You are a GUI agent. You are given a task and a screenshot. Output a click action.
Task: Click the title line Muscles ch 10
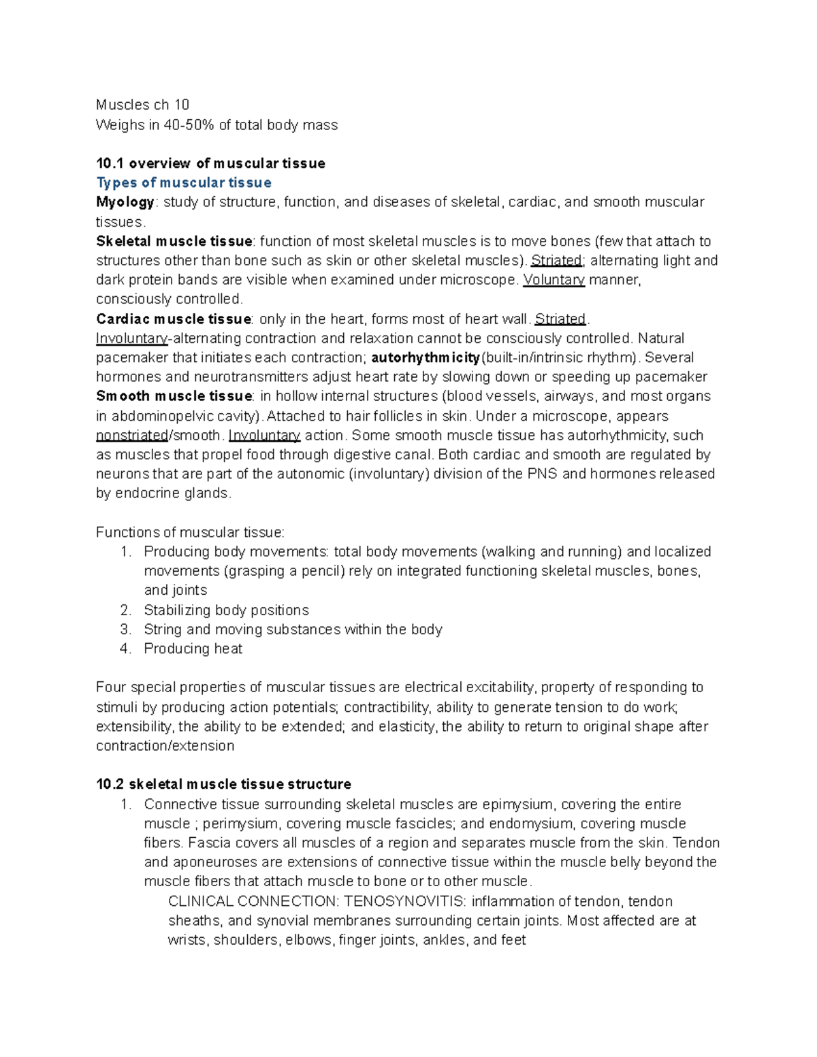tap(142, 105)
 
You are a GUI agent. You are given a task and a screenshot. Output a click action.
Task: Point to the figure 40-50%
tap(187, 125)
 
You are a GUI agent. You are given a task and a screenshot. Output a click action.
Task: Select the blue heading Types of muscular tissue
tap(184, 182)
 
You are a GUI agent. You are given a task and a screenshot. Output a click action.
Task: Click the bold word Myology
tap(125, 202)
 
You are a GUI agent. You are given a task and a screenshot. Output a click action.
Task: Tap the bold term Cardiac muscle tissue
tap(174, 319)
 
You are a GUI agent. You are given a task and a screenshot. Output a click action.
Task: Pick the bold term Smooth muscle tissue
tap(174, 396)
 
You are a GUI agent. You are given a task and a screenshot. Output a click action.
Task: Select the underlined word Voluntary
tap(554, 280)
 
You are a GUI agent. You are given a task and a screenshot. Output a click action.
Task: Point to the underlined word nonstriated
tap(132, 436)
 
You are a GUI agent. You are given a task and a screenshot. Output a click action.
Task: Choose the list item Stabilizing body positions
tap(226, 611)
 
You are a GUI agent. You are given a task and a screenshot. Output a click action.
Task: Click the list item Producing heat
tap(193, 649)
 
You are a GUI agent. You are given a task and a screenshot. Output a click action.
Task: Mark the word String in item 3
tap(163, 630)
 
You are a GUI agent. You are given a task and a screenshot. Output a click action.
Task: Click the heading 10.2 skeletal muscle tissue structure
tap(223, 784)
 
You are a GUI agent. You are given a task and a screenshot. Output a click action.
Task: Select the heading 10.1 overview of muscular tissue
tap(210, 163)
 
